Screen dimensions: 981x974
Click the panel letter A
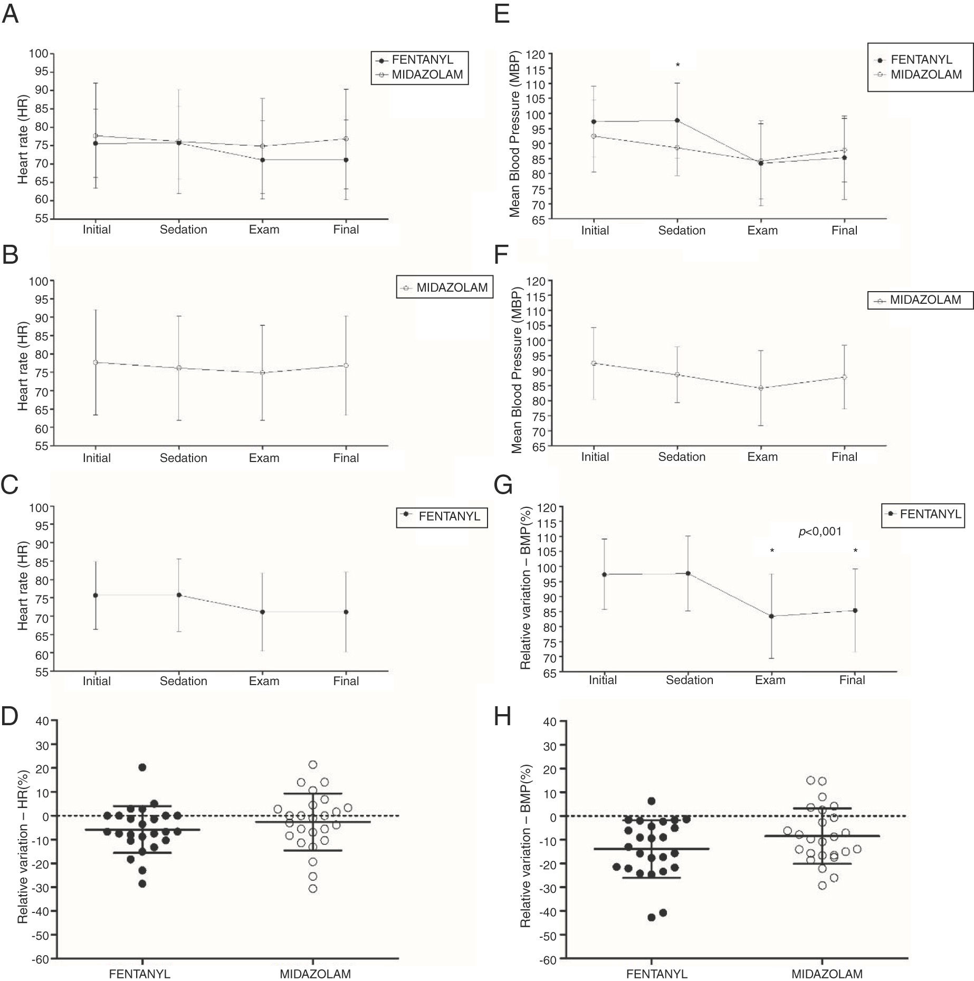point(11,14)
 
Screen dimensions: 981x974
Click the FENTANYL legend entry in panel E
point(921,60)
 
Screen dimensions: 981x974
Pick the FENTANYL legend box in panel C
point(442,516)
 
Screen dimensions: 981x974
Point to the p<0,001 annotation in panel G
point(819,532)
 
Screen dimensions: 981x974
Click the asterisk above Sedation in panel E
point(677,65)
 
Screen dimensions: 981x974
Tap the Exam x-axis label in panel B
point(264,458)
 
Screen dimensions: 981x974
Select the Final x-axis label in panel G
point(852,680)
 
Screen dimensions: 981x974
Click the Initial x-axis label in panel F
point(595,457)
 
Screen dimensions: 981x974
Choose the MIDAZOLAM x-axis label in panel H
point(826,974)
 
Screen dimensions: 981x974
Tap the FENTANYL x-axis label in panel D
point(139,974)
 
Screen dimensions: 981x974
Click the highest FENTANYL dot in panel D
point(142,767)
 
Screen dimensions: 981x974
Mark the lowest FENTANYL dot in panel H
point(652,917)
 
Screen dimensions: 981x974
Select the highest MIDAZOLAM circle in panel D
point(313,764)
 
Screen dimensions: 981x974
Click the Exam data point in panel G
point(771,616)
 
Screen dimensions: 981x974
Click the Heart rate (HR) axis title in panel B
point(23,364)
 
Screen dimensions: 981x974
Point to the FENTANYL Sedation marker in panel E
point(677,120)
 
